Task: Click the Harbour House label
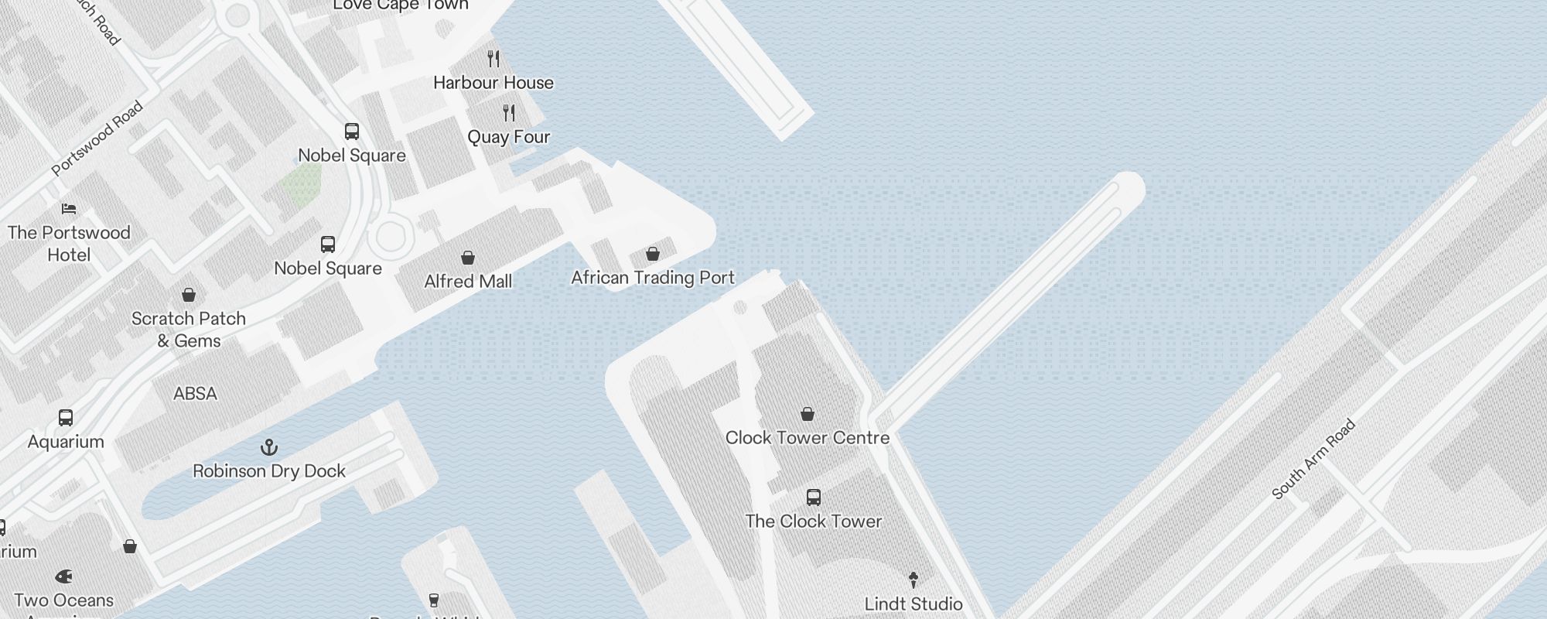point(493,83)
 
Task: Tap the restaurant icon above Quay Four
point(509,113)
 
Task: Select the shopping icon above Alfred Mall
point(468,258)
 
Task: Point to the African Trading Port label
point(653,278)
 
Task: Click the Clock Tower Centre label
point(808,438)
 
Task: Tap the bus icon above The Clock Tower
point(814,498)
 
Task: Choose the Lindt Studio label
point(914,604)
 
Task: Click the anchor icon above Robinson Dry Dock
point(269,447)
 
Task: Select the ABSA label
point(195,394)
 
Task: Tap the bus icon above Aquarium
point(66,418)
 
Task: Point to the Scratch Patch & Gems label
point(189,330)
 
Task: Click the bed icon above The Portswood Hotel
point(69,209)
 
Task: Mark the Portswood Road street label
point(97,139)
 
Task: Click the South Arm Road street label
point(1313,459)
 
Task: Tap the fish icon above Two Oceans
point(64,576)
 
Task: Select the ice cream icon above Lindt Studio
point(914,580)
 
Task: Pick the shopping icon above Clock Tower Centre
point(808,414)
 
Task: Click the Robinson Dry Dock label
point(269,471)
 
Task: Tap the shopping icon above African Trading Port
point(653,254)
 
